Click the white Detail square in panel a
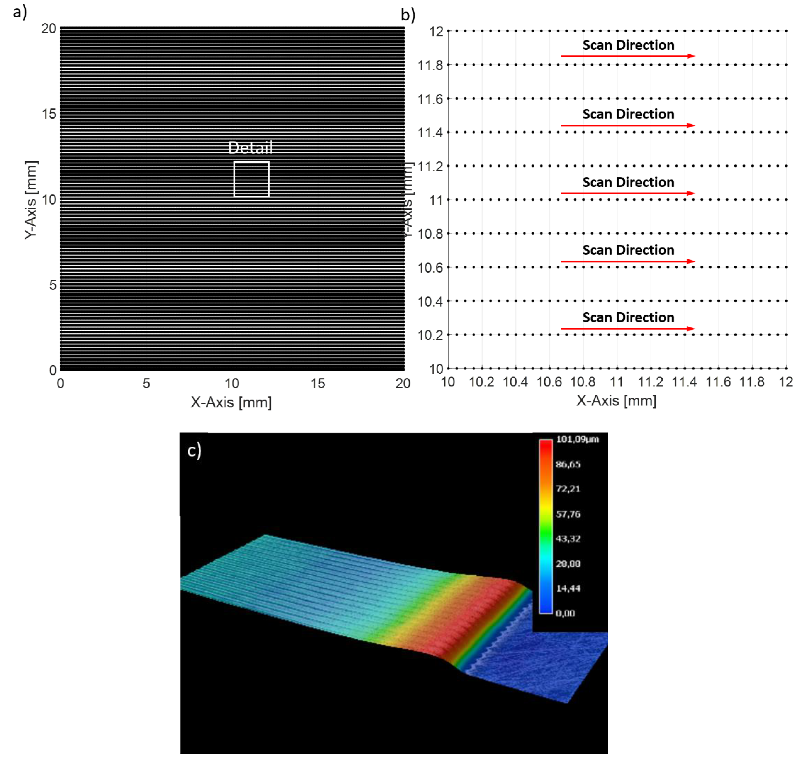(251, 179)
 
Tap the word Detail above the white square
(250, 148)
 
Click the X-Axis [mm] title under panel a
(231, 403)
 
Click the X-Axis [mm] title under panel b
(616, 401)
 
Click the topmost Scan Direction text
(628, 45)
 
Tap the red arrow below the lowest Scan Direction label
(628, 328)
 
